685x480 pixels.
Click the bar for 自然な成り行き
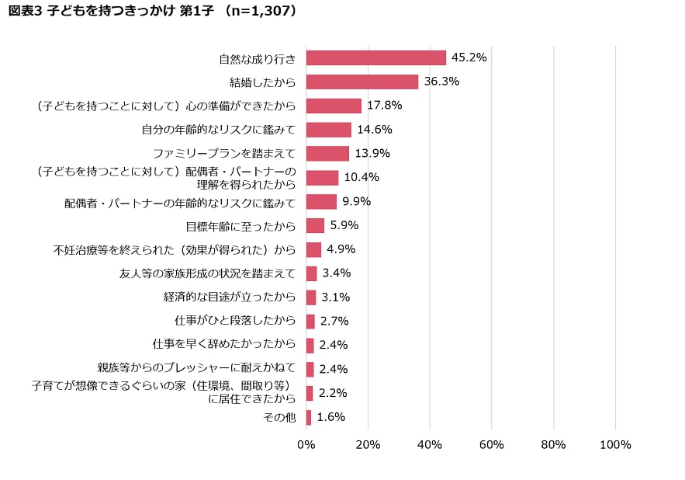click(x=376, y=58)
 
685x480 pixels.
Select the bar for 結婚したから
click(x=362, y=82)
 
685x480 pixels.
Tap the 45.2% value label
click(x=469, y=57)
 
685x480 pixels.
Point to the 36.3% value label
click(x=441, y=82)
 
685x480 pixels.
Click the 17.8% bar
click(x=334, y=106)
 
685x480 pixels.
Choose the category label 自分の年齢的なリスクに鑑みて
click(x=219, y=130)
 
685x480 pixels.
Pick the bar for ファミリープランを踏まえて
click(x=327, y=154)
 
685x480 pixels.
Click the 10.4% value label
click(x=362, y=177)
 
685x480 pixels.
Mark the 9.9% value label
click(x=357, y=201)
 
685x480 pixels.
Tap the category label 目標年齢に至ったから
click(x=240, y=227)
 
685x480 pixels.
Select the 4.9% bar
click(x=313, y=250)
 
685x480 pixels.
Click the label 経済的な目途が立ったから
click(x=230, y=297)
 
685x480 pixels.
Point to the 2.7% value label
click(x=334, y=321)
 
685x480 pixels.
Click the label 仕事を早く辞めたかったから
click(x=224, y=344)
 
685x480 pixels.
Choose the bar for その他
click(x=309, y=418)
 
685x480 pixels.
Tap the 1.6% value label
click(x=331, y=417)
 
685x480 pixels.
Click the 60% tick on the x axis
click(x=492, y=445)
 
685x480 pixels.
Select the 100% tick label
click(x=616, y=445)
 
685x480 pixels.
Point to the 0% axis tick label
click(x=306, y=445)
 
